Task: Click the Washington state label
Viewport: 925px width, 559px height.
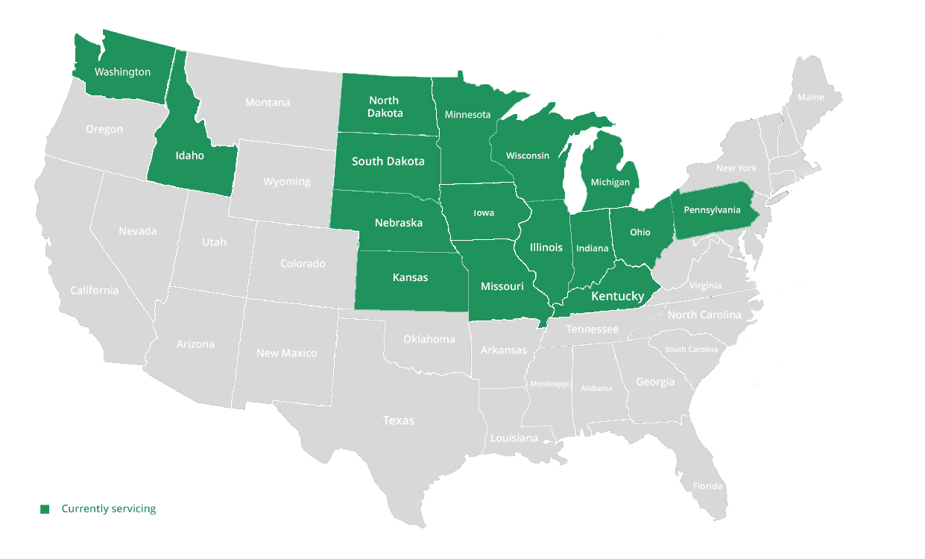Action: coord(122,72)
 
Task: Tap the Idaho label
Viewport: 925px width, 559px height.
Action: coord(189,156)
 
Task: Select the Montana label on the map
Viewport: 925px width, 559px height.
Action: coord(268,102)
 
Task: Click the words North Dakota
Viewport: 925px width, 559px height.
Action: coord(385,107)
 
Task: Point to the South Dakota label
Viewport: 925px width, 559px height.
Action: coord(388,161)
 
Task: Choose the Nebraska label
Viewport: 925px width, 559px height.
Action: coord(398,223)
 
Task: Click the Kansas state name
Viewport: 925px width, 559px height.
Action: coord(410,277)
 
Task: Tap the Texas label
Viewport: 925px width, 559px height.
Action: coord(398,420)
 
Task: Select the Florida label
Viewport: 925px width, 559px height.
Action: coord(707,486)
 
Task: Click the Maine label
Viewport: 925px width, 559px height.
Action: coord(810,98)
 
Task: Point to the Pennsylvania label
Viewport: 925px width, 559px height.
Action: coord(712,210)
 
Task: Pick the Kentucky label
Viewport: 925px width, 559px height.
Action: coord(617,296)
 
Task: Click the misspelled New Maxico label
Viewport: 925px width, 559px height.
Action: coord(286,353)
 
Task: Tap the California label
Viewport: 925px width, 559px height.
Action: coord(94,290)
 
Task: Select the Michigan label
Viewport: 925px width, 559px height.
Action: coord(610,182)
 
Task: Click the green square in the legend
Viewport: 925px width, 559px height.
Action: coord(45,509)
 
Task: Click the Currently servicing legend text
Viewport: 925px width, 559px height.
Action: coord(109,508)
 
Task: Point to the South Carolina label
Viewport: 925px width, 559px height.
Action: coord(691,350)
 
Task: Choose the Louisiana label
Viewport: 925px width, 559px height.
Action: coord(514,438)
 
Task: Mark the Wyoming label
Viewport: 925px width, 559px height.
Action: coord(286,182)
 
